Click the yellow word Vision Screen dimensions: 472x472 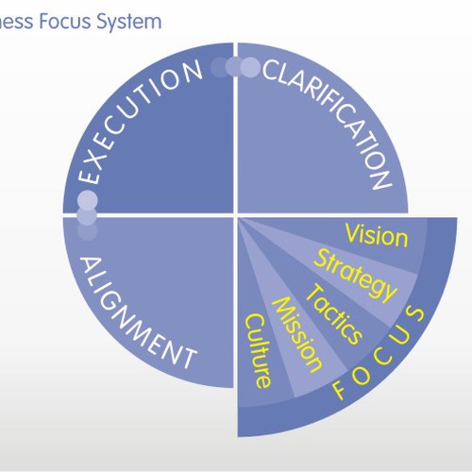[377, 235]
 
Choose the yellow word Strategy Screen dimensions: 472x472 [356, 277]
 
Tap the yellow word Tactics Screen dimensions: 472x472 [334, 314]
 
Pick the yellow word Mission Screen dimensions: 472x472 [297, 335]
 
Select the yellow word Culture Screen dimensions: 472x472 [258, 350]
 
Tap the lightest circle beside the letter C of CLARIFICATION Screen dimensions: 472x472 [251, 67]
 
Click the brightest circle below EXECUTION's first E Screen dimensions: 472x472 [88, 200]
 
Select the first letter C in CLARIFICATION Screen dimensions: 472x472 [272, 70]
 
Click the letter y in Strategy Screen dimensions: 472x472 [388, 294]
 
